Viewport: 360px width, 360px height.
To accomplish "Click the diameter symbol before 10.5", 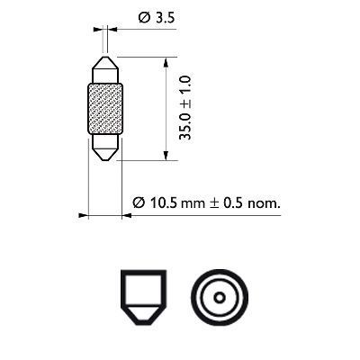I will (139, 203).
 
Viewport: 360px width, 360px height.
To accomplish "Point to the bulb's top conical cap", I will (104, 67).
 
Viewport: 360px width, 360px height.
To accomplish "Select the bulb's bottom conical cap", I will (104, 149).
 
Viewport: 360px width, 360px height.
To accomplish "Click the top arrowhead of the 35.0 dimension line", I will (166, 59).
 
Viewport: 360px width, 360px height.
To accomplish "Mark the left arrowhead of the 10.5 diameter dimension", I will (83, 215).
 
